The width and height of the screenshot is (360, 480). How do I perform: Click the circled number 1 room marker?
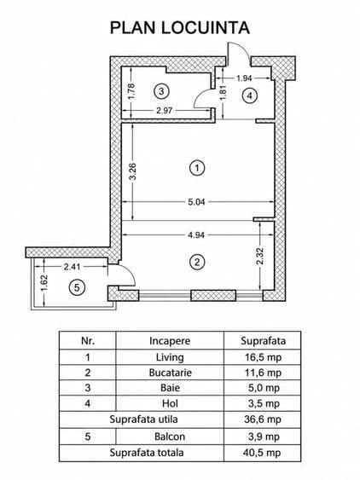tap(197, 168)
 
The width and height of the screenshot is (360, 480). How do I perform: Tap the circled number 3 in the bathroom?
tap(161, 91)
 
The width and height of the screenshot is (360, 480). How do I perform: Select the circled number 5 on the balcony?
tap(77, 287)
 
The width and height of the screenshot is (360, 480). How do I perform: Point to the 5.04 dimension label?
tap(196, 202)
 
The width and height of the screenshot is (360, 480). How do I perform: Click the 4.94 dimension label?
tap(196, 235)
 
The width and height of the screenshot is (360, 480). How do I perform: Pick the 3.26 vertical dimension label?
tap(132, 172)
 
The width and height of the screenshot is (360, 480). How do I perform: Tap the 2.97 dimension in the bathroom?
tap(165, 110)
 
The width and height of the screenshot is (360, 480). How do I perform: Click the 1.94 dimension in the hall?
tap(244, 78)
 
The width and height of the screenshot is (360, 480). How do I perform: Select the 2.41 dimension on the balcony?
tap(72, 267)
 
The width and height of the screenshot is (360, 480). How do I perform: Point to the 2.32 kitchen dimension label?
tap(260, 256)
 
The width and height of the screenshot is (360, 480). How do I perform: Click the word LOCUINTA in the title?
tap(206, 27)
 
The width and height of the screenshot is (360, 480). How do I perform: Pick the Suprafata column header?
tap(263, 341)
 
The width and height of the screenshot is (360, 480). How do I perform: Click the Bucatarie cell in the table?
tap(170, 373)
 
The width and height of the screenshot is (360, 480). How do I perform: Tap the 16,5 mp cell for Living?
tap(263, 357)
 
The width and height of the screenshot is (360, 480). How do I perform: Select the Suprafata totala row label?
tap(147, 453)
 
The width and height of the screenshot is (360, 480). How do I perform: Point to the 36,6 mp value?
tap(263, 419)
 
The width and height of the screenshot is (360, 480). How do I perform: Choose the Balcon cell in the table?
tap(170, 437)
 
